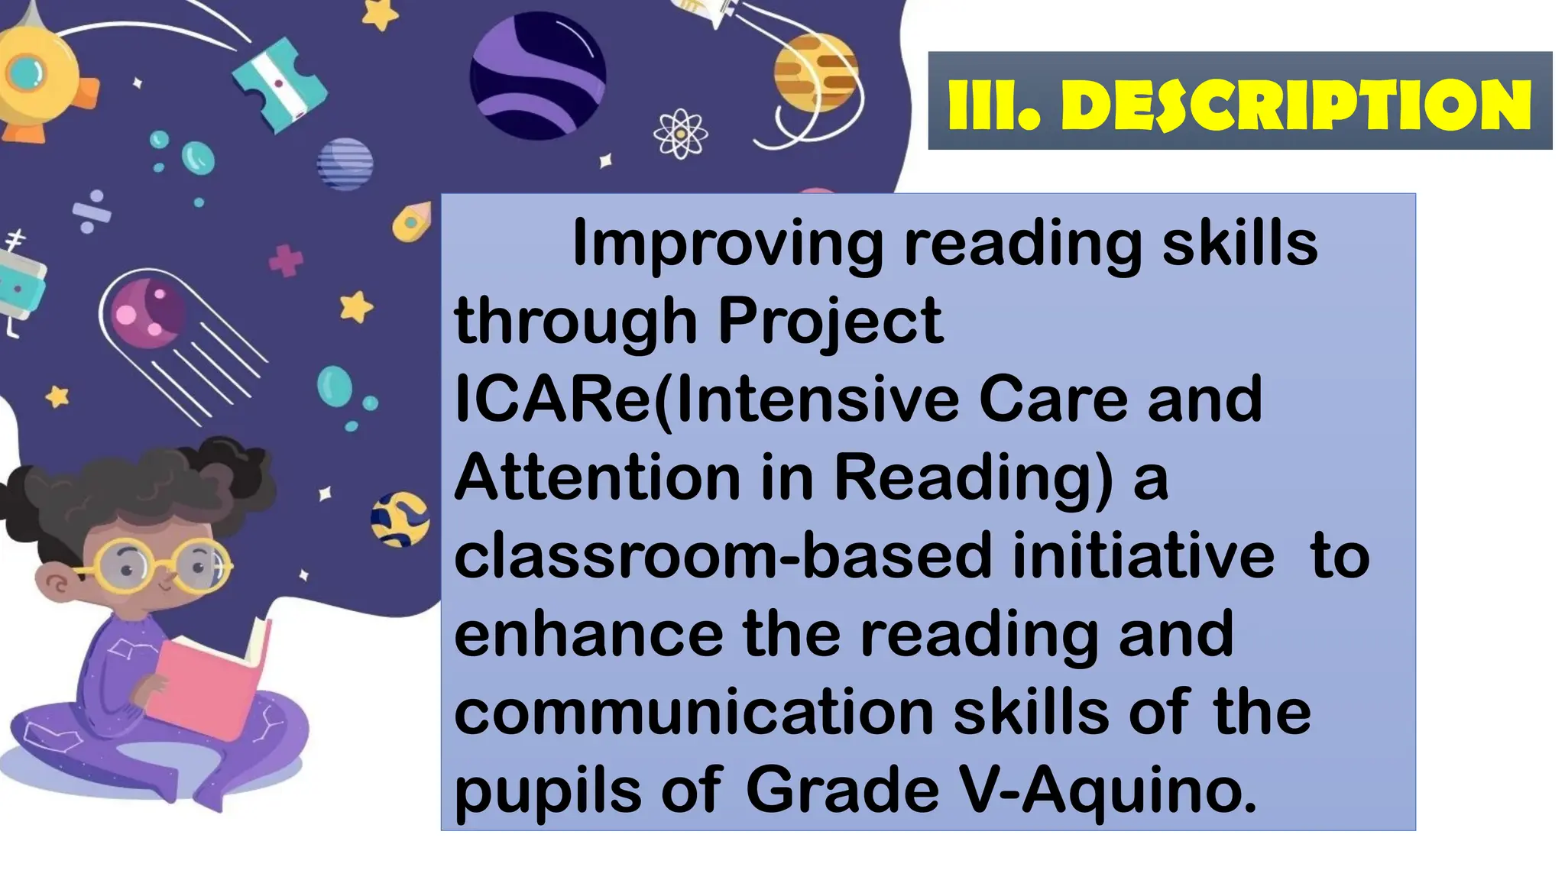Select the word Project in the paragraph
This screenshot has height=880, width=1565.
coord(830,322)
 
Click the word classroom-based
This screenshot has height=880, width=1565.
coord(723,555)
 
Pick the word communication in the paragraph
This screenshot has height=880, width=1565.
coord(694,712)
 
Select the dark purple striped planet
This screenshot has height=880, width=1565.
coord(538,75)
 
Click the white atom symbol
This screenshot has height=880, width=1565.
coord(679,134)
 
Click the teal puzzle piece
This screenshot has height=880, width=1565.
coord(278,84)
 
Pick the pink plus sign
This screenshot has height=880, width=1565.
coord(287,260)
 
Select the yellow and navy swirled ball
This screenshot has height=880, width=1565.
coord(399,519)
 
